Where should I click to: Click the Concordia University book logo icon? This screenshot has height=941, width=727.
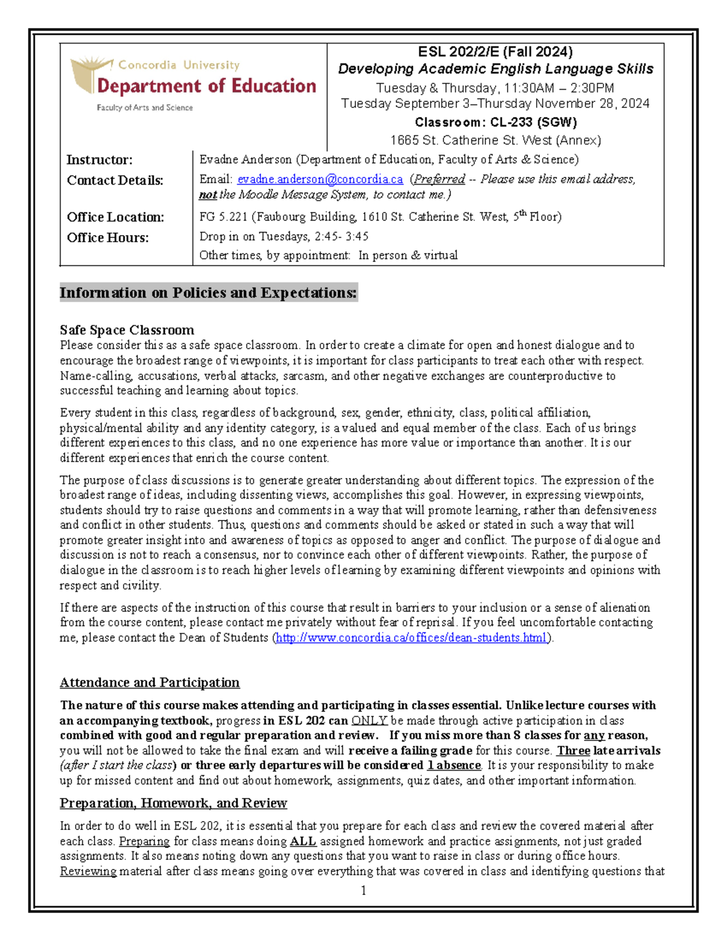pos(91,75)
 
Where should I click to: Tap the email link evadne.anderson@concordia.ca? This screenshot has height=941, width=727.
pos(320,179)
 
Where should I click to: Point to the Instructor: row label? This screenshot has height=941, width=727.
pos(99,160)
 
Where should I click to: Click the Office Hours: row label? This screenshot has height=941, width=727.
pos(107,238)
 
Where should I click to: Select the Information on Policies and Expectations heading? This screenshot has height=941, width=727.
pos(208,293)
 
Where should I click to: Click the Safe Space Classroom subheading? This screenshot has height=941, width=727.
pos(127,330)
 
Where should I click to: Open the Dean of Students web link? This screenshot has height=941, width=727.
pos(411,638)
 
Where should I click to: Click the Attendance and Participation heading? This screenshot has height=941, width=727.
pos(150,683)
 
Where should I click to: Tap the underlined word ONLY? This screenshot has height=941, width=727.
pos(369,721)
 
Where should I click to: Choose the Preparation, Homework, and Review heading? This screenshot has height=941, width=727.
pos(173,803)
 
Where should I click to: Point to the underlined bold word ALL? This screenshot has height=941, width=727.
pos(303,842)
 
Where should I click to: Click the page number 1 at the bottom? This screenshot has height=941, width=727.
pos(363,890)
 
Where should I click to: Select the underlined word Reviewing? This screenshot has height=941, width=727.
pos(88,871)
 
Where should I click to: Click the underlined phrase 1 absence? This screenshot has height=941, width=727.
pos(454,766)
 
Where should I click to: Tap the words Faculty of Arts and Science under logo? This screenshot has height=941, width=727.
pos(145,108)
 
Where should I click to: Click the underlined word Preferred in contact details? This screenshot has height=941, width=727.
pos(440,179)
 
